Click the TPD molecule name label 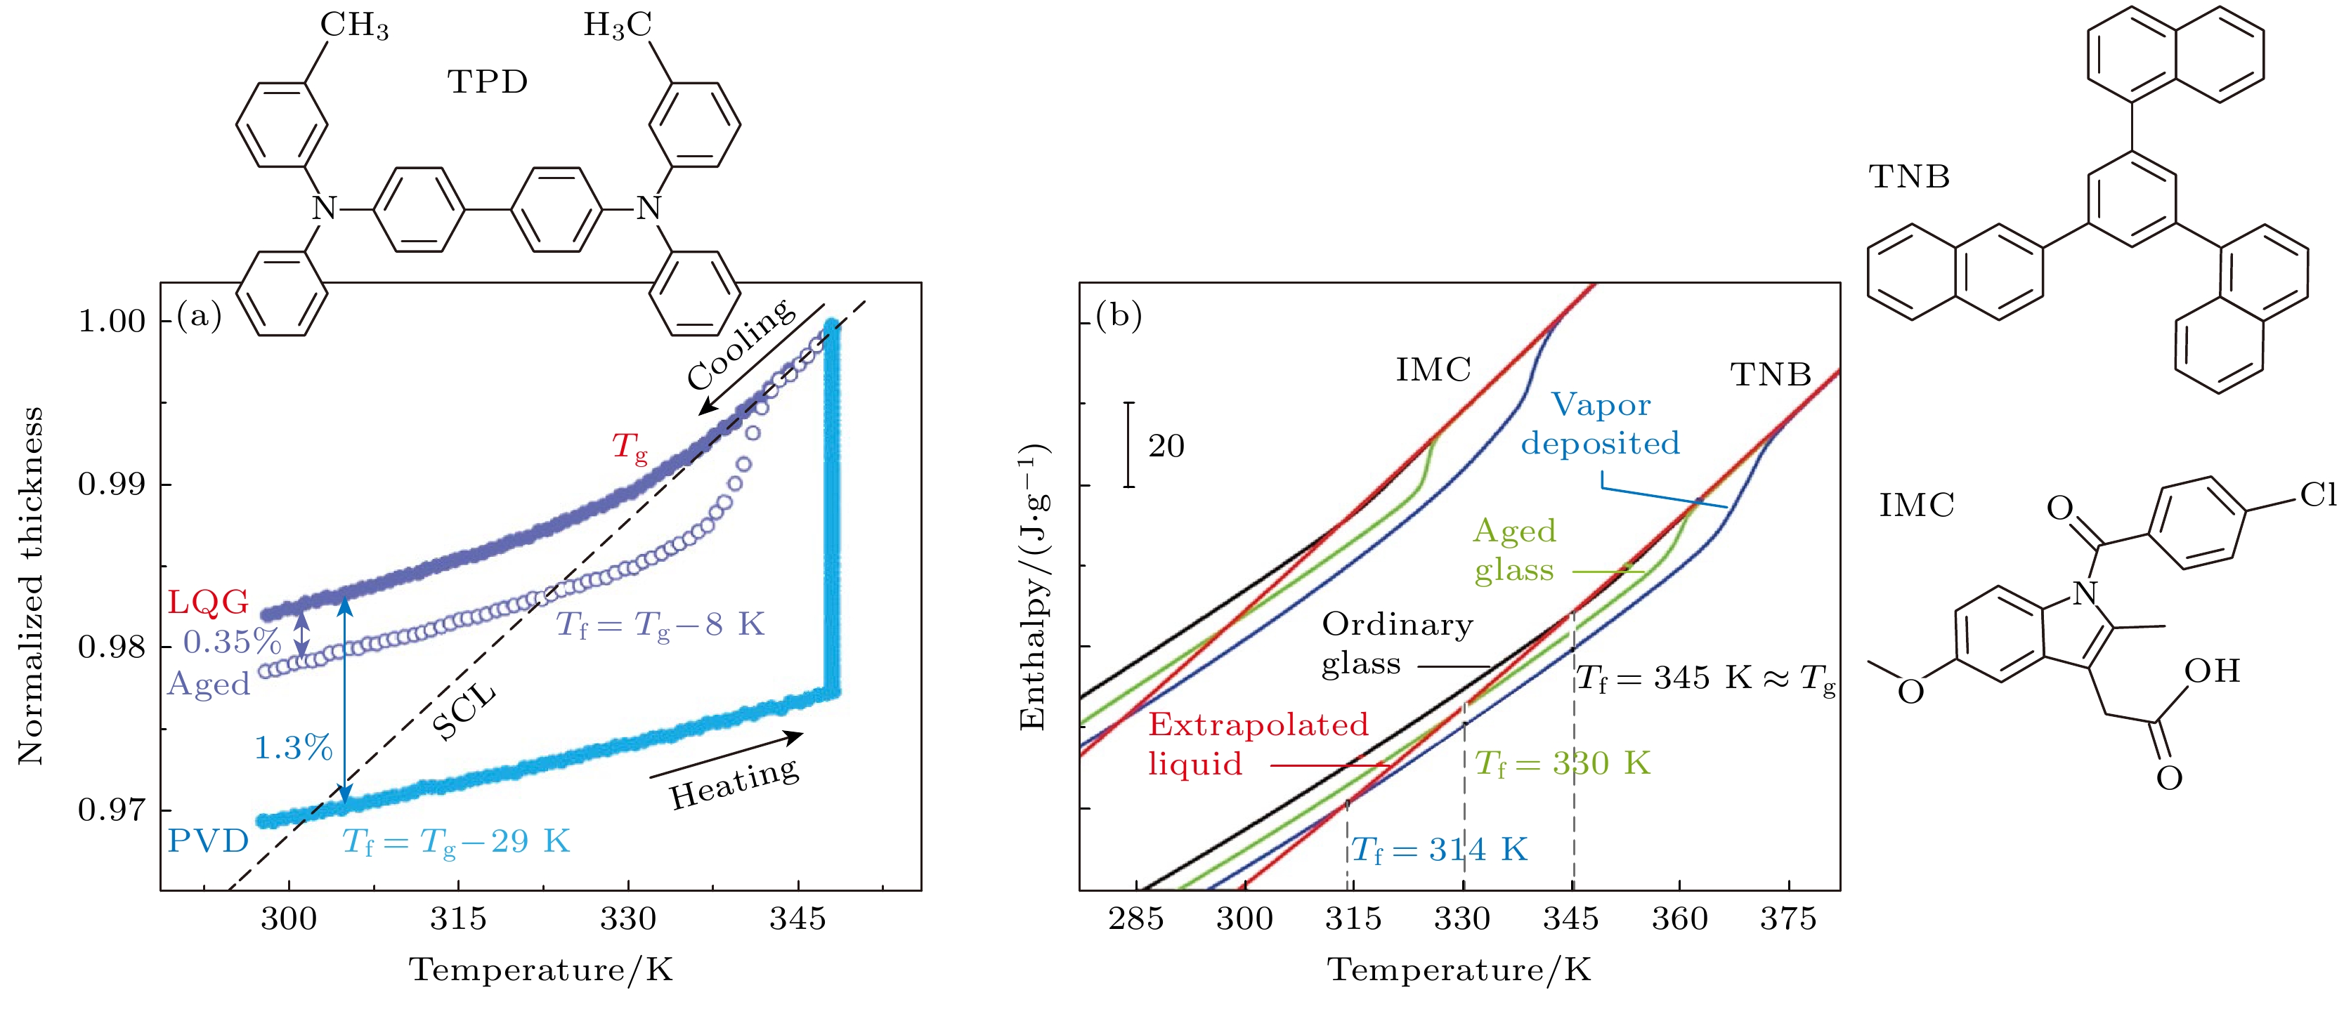[488, 82]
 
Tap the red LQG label [208, 602]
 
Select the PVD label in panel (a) [208, 840]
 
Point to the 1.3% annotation [293, 748]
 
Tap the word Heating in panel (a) [735, 784]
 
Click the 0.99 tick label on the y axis [111, 484]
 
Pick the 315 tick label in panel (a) [458, 918]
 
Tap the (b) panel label [1119, 316]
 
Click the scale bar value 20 [1166, 446]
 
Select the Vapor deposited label [1601, 424]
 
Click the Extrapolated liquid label [1258, 744]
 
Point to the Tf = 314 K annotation [1438, 850]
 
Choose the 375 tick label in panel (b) [1788, 918]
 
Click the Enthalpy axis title [1032, 586]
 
